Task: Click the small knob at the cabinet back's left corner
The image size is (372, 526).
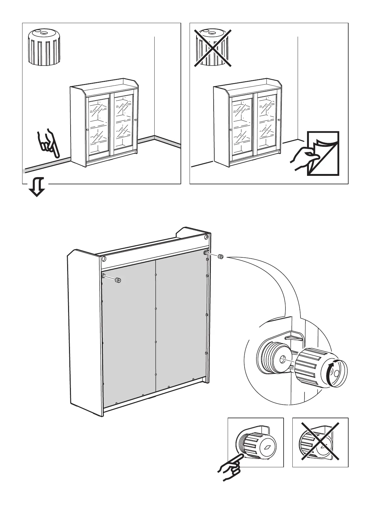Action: pyautogui.click(x=118, y=280)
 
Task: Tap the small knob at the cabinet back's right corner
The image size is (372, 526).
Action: pyautogui.click(x=220, y=257)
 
